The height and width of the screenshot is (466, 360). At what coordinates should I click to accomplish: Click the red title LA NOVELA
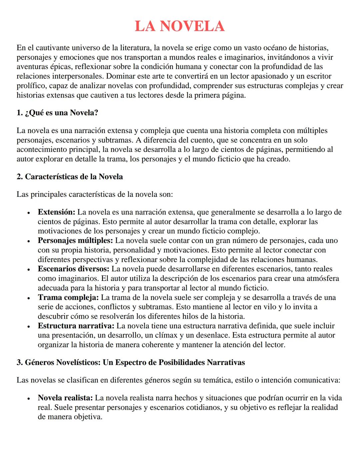coord(180,26)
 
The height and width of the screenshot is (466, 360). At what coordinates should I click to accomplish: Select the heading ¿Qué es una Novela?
coord(57,113)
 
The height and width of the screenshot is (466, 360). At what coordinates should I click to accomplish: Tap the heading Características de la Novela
coord(70,177)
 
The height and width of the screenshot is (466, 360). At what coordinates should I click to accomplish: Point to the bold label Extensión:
coord(57,212)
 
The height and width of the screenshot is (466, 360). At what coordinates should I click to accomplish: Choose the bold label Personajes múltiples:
coord(75,241)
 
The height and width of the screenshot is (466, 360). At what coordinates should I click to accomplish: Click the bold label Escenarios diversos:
coord(73,269)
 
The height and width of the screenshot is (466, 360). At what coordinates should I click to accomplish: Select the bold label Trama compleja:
coord(68,298)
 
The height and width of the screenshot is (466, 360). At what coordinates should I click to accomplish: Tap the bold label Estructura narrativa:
coord(76,326)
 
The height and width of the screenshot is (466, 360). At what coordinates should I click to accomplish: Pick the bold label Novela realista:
coord(65,398)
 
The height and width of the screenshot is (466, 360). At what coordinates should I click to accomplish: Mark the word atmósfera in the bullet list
coord(321,279)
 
